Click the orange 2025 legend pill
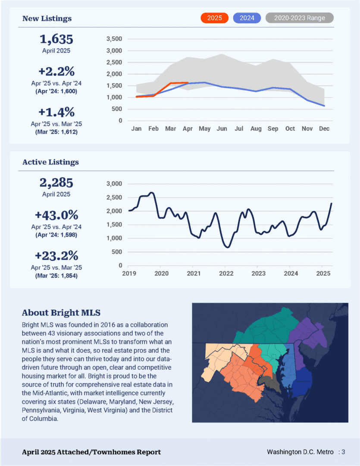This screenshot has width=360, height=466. click(x=214, y=18)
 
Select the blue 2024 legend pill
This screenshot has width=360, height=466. click(x=247, y=18)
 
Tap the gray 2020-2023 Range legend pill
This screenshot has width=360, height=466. click(x=299, y=18)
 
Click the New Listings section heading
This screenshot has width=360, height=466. click(x=47, y=19)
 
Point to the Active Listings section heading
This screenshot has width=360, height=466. click(x=50, y=162)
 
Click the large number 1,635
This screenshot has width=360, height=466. click(x=56, y=39)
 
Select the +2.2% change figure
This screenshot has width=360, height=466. click(x=56, y=71)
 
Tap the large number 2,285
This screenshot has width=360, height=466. click(x=56, y=183)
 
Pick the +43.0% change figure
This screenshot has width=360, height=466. click(x=56, y=215)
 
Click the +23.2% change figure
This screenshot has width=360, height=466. click(x=56, y=255)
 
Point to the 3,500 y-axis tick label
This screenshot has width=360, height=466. click(x=114, y=39)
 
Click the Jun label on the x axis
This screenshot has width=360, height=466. click(x=222, y=129)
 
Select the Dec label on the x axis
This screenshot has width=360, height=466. click(x=324, y=129)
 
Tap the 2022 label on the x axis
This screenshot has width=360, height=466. click(x=226, y=274)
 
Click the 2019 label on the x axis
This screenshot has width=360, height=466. click(x=129, y=274)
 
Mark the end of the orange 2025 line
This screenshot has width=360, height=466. click(x=188, y=82)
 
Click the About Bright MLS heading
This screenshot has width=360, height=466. click(x=61, y=313)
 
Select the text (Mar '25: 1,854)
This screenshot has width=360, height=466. click(x=56, y=276)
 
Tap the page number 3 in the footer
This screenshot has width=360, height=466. click(x=343, y=452)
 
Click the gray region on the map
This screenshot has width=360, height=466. click(x=270, y=384)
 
